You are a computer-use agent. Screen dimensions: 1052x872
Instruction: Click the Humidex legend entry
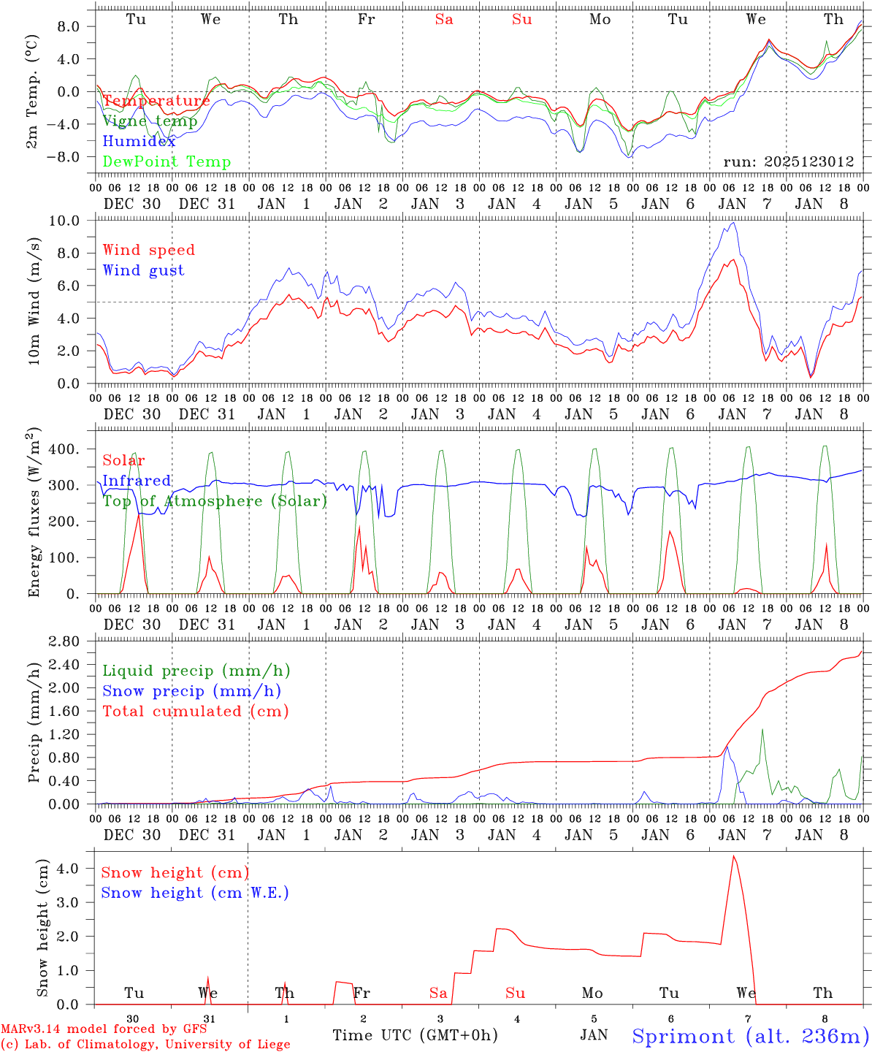pyautogui.click(x=139, y=142)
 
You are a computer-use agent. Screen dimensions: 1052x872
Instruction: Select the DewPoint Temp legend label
pyautogui.click(x=167, y=162)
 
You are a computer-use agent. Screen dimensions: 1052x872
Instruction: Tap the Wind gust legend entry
pyautogui.click(x=143, y=270)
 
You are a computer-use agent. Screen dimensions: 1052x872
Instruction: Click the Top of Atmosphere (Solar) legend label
pyautogui.click(x=214, y=501)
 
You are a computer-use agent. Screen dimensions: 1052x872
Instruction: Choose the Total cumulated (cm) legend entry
pyautogui.click(x=195, y=711)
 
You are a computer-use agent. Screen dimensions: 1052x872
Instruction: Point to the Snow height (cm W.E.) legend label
pyautogui.click(x=194, y=893)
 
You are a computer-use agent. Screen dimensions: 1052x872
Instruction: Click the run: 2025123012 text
pyautogui.click(x=788, y=161)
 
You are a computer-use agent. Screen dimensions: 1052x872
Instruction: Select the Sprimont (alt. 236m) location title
pyautogui.click(x=750, y=1036)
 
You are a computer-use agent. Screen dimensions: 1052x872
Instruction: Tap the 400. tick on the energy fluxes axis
pyautogui.click(x=74, y=449)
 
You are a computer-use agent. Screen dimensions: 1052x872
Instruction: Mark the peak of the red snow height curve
pyautogui.click(x=733, y=855)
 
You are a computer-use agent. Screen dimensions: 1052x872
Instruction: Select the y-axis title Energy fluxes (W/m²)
pyautogui.click(x=34, y=514)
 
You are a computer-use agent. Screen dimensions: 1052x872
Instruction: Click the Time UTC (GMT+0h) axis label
pyautogui.click(x=415, y=1035)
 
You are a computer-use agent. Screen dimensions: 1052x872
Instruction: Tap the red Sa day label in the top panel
pyautogui.click(x=444, y=20)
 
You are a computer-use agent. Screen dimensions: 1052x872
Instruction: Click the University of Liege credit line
pyautogui.click(x=145, y=1045)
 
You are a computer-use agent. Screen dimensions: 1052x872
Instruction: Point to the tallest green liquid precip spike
pyautogui.click(x=762, y=728)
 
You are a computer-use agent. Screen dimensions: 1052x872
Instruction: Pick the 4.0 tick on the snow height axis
pyautogui.click(x=79, y=869)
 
